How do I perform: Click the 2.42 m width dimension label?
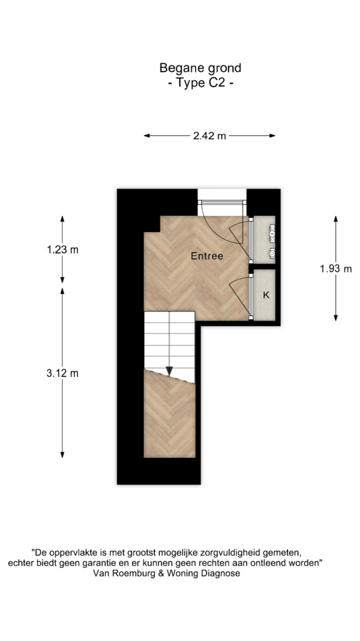[x=209, y=136]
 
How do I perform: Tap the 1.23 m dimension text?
[x=63, y=249]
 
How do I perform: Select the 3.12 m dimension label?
[x=63, y=373]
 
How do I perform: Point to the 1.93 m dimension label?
[x=336, y=269]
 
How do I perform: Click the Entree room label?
[x=207, y=256]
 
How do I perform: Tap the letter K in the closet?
[x=266, y=295]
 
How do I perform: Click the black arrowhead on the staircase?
[x=169, y=370]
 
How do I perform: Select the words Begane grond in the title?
[x=200, y=67]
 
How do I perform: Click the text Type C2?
[x=200, y=83]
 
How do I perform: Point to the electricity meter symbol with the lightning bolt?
[x=272, y=231]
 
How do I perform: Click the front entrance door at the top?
[x=223, y=208]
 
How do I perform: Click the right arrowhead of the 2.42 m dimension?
[x=272, y=136]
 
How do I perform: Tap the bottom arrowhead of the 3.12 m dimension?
[x=63, y=454]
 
